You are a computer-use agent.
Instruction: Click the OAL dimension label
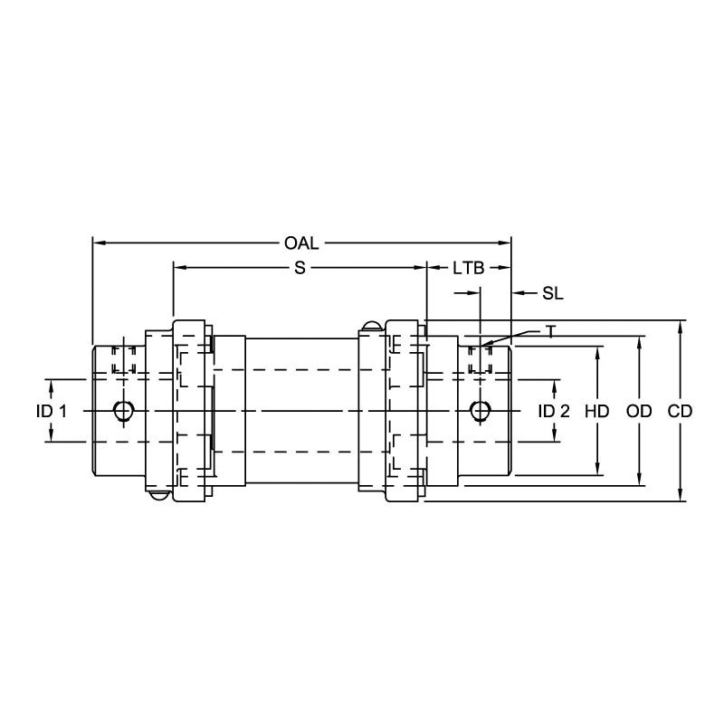point(301,243)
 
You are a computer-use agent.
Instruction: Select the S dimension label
point(300,267)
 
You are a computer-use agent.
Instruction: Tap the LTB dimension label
point(468,267)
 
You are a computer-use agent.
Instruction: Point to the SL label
point(553,292)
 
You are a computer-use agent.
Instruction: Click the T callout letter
point(550,331)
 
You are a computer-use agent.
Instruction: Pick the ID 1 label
point(52,411)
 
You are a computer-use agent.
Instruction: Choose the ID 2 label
point(554,411)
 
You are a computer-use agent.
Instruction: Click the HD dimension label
point(596,411)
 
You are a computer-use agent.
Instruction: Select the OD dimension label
point(639,411)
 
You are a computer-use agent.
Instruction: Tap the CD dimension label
point(680,411)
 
